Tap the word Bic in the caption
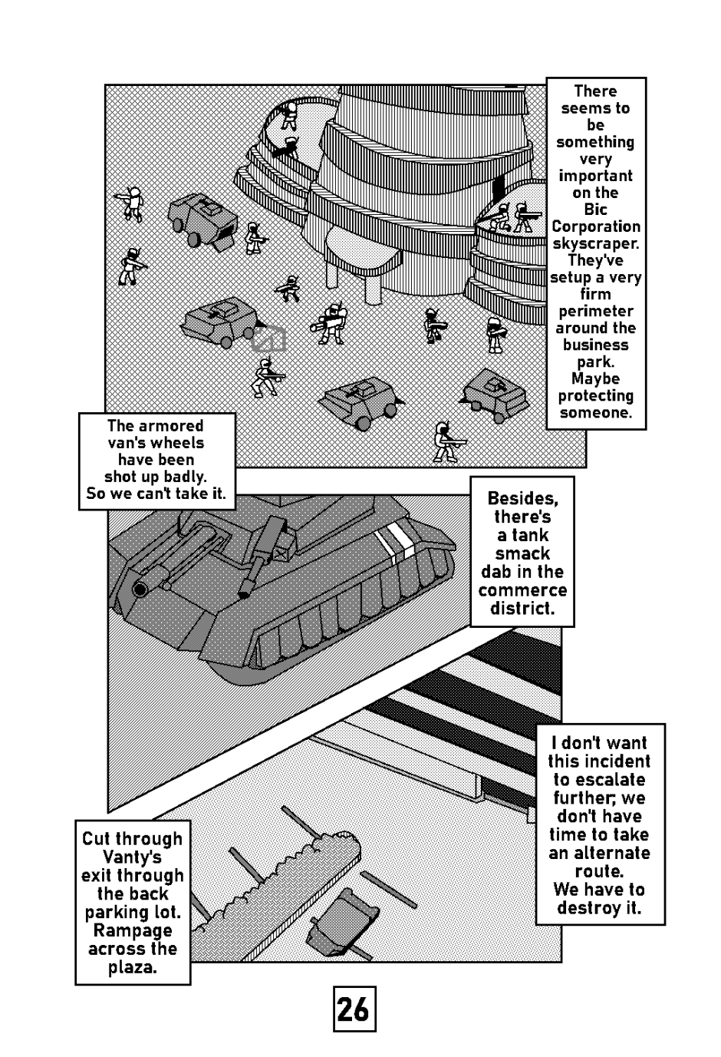click(x=595, y=210)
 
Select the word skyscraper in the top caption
click(x=595, y=243)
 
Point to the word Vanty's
click(x=132, y=857)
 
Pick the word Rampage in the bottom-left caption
click(x=132, y=930)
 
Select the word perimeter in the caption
click(x=595, y=311)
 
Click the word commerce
click(x=522, y=590)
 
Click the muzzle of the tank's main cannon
click(x=140, y=590)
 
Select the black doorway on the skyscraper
click(x=499, y=186)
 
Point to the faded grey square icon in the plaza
click(x=270, y=339)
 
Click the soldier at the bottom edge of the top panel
click(x=446, y=442)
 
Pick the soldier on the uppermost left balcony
click(x=289, y=115)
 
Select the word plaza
click(x=132, y=967)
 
